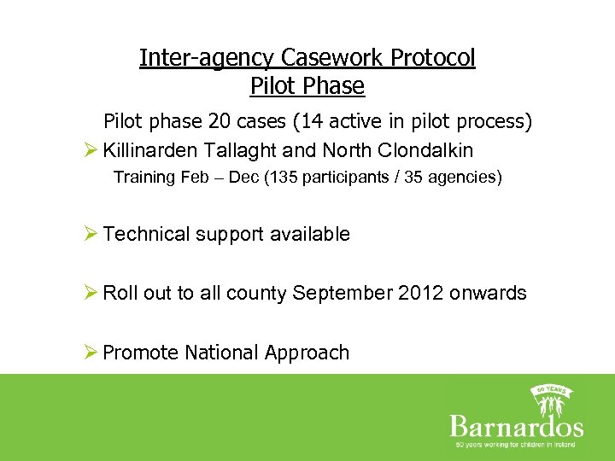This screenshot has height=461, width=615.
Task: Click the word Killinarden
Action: [x=150, y=150]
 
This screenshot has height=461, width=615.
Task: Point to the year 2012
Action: [x=419, y=293]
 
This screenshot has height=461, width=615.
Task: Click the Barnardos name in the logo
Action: [x=515, y=426]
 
